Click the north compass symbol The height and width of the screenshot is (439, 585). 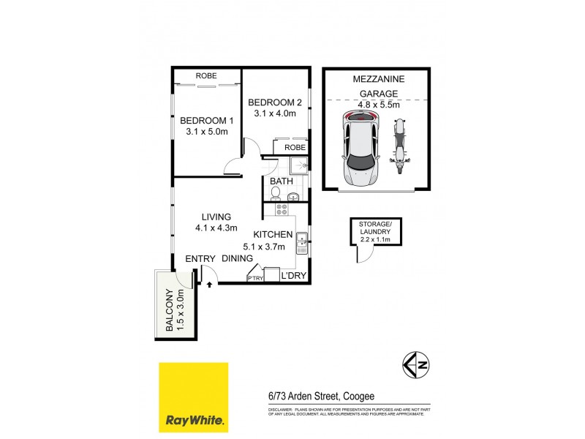pos(415,364)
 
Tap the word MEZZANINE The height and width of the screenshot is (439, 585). pos(377,78)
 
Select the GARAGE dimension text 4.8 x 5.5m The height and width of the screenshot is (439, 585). pos(378,105)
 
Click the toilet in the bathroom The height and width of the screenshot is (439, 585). pos(275,194)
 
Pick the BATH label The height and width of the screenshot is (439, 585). pos(281,181)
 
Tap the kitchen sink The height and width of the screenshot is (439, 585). pos(301,241)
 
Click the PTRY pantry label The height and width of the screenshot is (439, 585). pos(255,278)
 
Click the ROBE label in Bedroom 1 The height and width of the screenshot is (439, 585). pos(206,76)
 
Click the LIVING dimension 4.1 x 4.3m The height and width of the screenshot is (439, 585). pos(214,228)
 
